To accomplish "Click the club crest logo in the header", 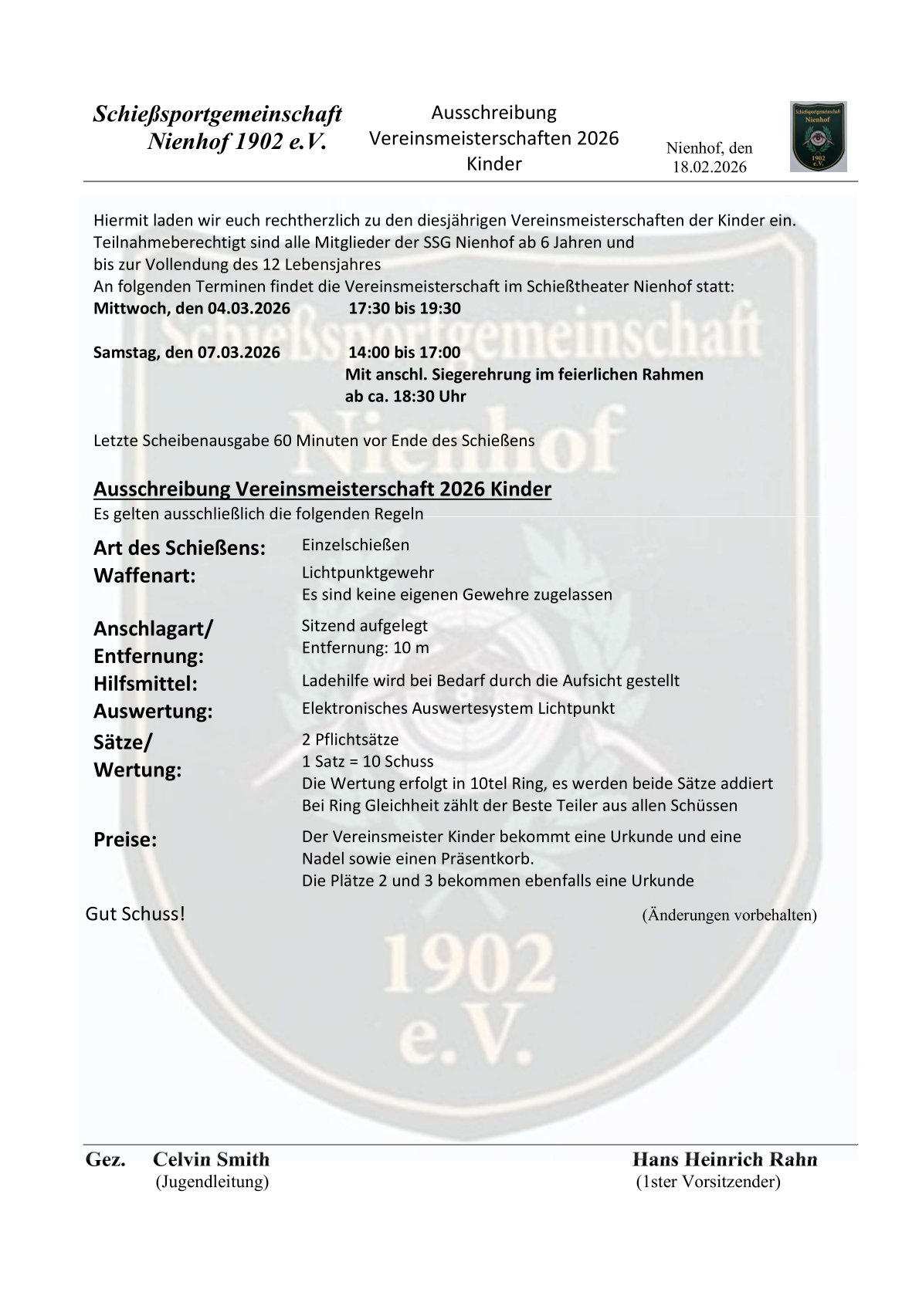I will pyautogui.click(x=818, y=137).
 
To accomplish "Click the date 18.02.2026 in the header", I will pyautogui.click(x=709, y=167).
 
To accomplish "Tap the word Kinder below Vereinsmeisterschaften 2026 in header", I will pyautogui.click(x=493, y=164).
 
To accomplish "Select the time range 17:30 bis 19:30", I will pyautogui.click(x=404, y=309).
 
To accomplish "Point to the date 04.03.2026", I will pyautogui.click(x=249, y=309).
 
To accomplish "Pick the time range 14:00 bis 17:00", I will pyautogui.click(x=404, y=353).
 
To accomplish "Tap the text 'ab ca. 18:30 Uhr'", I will pyautogui.click(x=405, y=397).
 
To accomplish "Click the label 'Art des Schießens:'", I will pyautogui.click(x=179, y=548).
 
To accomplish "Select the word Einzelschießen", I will pyautogui.click(x=355, y=545).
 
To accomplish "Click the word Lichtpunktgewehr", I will pyautogui.click(x=368, y=573).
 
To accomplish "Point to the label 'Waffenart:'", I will pyautogui.click(x=144, y=576).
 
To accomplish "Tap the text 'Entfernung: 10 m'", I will pyautogui.click(x=365, y=648).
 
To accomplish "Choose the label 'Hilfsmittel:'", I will pyautogui.click(x=145, y=684).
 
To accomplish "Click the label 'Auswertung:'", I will pyautogui.click(x=153, y=711).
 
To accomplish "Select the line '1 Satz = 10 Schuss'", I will pyautogui.click(x=368, y=761).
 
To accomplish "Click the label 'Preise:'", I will pyautogui.click(x=125, y=840).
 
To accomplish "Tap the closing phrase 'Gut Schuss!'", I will pyautogui.click(x=135, y=914).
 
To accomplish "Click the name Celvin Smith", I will pyautogui.click(x=211, y=1159).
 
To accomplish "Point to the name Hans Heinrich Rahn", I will pyautogui.click(x=724, y=1159).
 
